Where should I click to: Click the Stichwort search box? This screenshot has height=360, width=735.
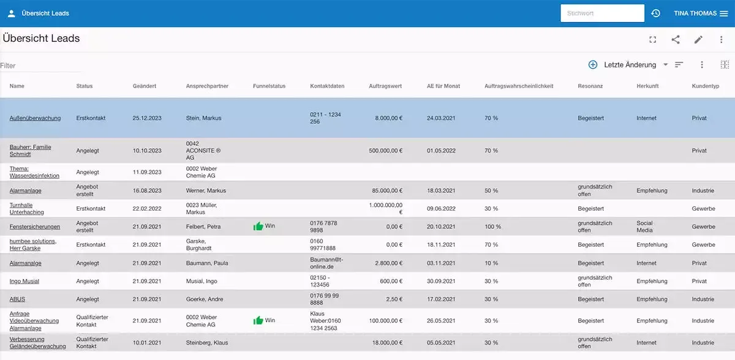point(601,13)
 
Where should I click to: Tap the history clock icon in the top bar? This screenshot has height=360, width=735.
point(655,13)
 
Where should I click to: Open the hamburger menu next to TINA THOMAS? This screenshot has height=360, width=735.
point(723,13)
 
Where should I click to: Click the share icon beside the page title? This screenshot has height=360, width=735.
point(676,40)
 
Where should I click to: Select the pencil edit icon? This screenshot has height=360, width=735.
point(698,40)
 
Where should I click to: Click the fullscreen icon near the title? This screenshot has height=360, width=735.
point(653,40)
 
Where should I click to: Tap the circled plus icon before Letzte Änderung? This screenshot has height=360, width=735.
point(592,65)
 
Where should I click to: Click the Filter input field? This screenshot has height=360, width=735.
point(40,66)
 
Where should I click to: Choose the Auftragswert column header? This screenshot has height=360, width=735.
point(385,86)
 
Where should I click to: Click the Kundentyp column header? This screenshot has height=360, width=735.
point(705,86)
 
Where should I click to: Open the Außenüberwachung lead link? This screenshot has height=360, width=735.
point(35,118)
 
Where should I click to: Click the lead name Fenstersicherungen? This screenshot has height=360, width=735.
point(35,227)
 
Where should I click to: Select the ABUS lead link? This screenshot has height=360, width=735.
point(17,299)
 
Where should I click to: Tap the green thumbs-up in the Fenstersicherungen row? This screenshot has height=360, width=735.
point(258,227)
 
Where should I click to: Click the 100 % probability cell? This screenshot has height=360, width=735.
point(492,227)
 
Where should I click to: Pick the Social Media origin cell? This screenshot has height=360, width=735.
point(645,227)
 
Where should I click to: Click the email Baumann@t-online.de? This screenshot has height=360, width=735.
point(328,263)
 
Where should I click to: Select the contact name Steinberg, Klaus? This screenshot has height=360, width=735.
point(207,343)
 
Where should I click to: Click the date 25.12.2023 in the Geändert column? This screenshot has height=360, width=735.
point(147,118)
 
